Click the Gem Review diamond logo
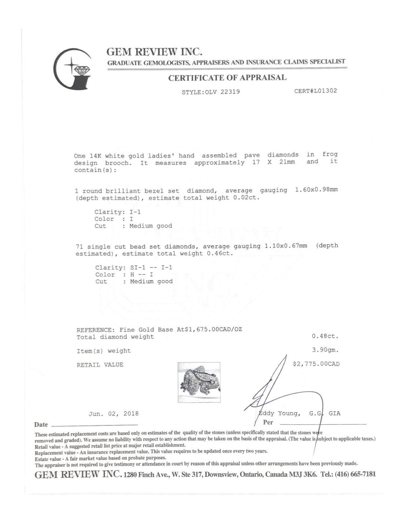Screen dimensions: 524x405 [x=73, y=69]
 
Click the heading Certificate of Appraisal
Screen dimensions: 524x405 [x=227, y=78]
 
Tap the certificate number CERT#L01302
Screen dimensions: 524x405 [x=316, y=91]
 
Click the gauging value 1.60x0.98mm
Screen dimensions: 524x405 [x=316, y=190]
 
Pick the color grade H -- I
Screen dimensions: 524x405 [x=142, y=274]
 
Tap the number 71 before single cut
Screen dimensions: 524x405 [x=80, y=247]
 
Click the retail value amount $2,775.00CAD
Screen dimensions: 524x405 [x=316, y=364]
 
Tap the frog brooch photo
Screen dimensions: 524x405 [x=199, y=382]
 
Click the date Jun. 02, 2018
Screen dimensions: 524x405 [x=113, y=414]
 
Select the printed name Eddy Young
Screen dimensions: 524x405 [x=279, y=413]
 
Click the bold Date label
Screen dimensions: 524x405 [x=41, y=425]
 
